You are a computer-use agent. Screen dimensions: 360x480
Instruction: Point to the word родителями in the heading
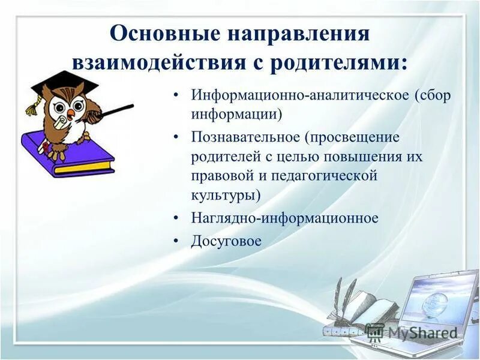point(337,62)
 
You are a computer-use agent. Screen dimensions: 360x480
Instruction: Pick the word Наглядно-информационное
point(285,218)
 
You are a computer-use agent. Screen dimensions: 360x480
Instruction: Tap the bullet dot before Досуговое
point(176,241)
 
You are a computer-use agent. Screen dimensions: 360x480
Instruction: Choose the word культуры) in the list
point(226,195)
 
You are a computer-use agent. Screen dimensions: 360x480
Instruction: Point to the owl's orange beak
point(71,113)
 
